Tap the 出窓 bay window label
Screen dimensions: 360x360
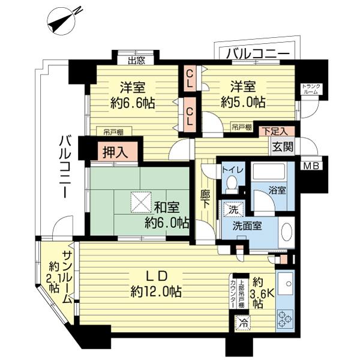137,59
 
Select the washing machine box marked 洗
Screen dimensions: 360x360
232,209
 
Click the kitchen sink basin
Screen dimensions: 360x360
284,281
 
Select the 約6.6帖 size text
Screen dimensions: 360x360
131,103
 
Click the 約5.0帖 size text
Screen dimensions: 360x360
243,103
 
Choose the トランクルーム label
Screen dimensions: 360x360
311,90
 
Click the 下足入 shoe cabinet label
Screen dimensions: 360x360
273,131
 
